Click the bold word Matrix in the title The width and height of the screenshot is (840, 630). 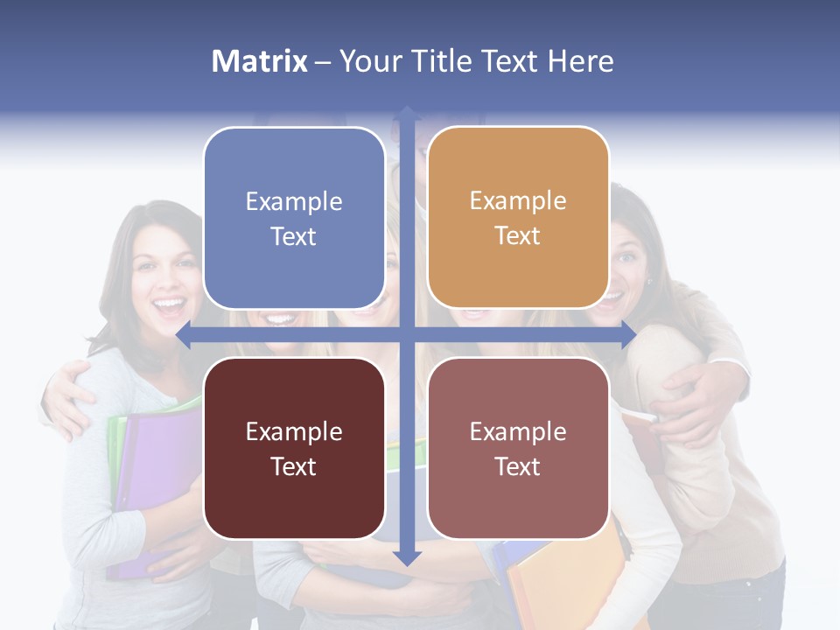260,61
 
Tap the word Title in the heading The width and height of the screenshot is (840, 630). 458,61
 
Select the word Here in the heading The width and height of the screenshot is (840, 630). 580,61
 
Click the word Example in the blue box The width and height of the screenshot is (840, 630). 294,202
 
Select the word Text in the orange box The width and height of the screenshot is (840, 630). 518,236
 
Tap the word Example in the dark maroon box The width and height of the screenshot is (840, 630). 294,431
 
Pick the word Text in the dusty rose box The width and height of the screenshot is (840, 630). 518,466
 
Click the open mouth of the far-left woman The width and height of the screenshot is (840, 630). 170,307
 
